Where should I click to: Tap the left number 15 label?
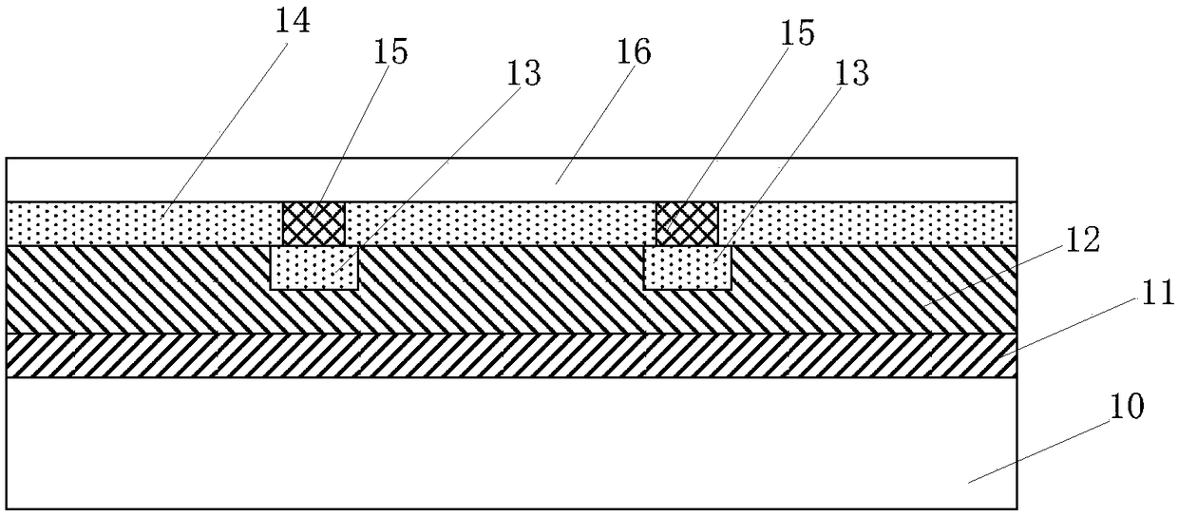click(x=390, y=51)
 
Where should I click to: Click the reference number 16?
click(x=635, y=52)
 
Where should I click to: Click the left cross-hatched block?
click(x=313, y=223)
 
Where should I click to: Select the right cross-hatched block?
click(x=687, y=223)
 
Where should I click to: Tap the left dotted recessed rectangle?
click(x=314, y=268)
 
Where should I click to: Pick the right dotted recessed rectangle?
click(x=688, y=268)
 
